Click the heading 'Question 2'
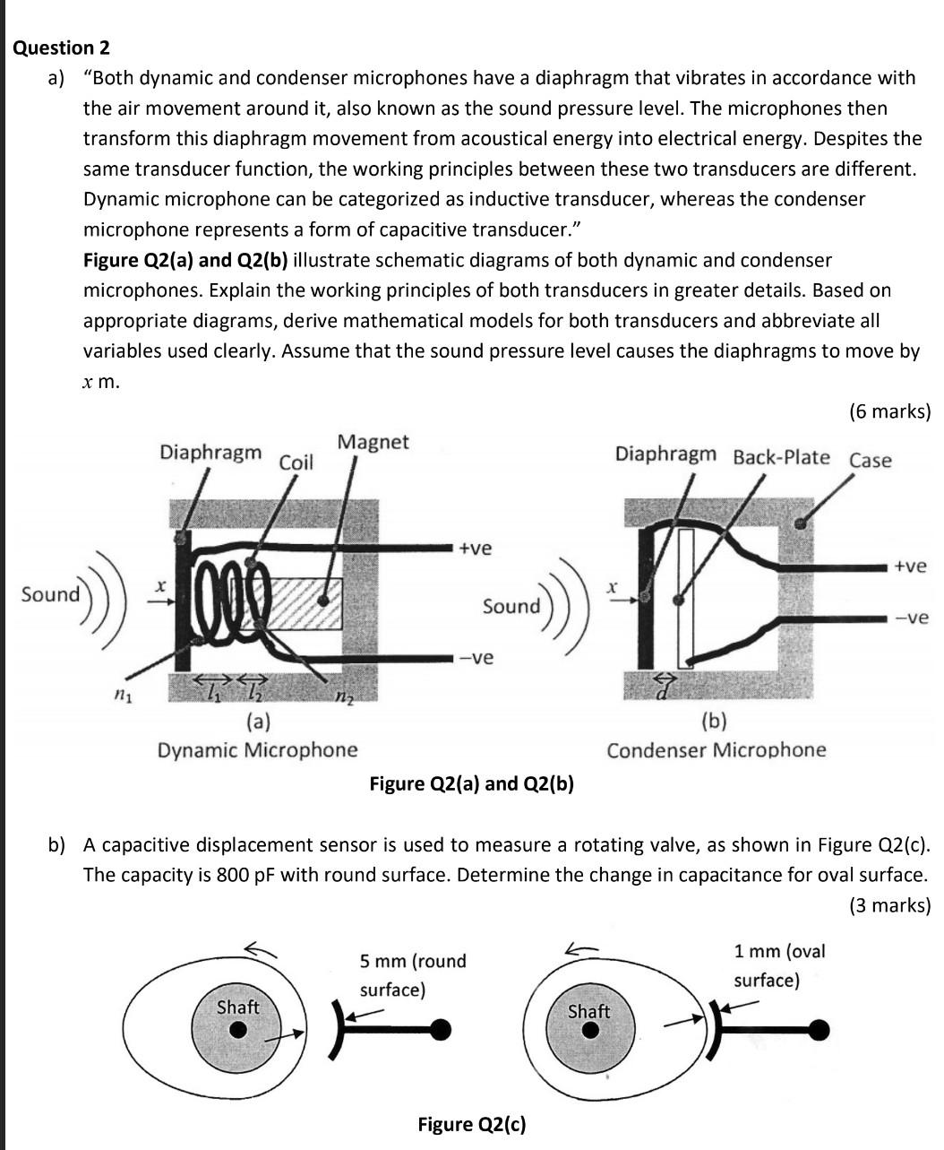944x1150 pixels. pos(62,48)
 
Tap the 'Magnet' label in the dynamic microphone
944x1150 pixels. pos(373,442)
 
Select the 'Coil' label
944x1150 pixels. pos(296,463)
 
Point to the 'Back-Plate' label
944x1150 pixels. pos(781,457)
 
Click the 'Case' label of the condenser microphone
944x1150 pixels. pos(870,461)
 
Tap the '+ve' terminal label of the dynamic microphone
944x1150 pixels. pos(474,548)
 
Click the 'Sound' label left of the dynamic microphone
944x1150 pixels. pos(50,594)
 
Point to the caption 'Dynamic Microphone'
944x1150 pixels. pos(257,749)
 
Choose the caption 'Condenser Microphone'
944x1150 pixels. pos(716,749)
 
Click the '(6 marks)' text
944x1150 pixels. pos(888,411)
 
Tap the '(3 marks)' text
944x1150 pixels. pos(888,905)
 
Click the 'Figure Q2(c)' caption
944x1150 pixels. pos(471,1124)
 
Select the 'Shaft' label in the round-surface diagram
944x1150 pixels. pos(237,1007)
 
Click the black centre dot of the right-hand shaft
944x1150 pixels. pos(588,1030)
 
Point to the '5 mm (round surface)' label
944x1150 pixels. pos(413,975)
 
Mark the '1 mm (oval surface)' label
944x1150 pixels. pos(778,965)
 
